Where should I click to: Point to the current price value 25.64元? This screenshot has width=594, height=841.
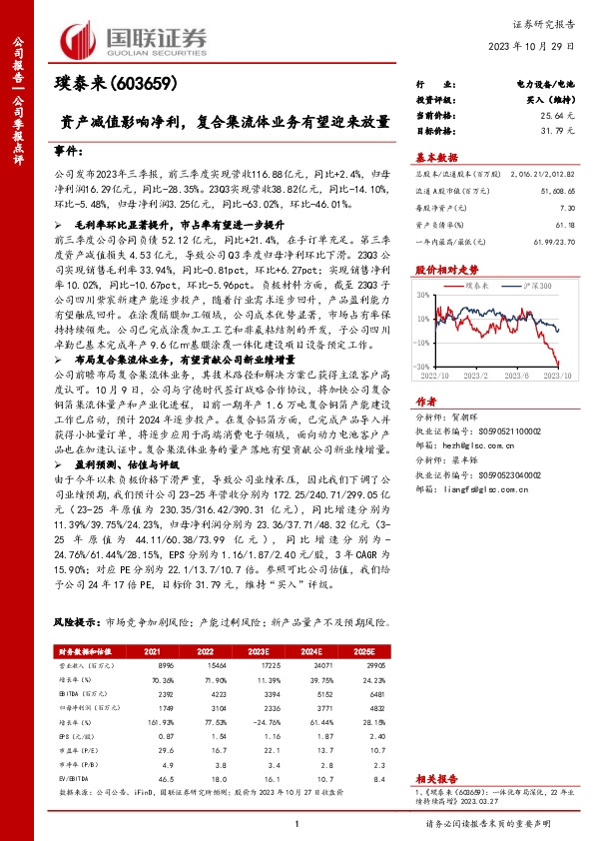pyautogui.click(x=564, y=117)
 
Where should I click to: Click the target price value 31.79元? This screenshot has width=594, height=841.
pyautogui.click(x=564, y=130)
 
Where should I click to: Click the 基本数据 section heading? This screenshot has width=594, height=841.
pyautogui.click(x=436, y=157)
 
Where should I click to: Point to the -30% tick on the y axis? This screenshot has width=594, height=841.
pyautogui.click(x=424, y=367)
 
